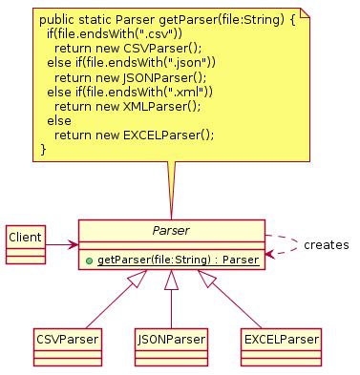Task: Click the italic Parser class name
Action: pos(171,231)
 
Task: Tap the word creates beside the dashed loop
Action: pos(327,245)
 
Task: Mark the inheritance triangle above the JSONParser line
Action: pos(171,279)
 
